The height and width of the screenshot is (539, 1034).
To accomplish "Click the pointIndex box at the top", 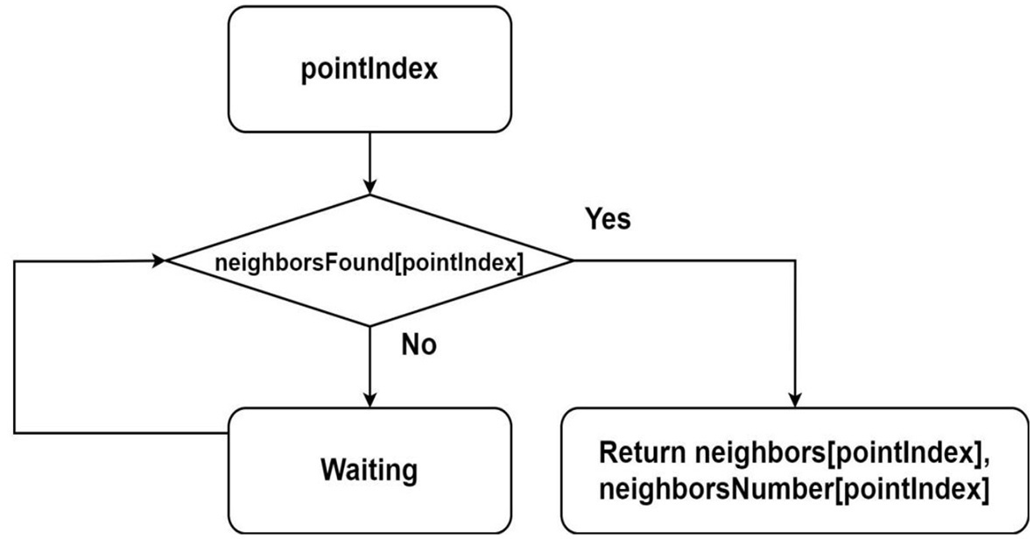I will [369, 69].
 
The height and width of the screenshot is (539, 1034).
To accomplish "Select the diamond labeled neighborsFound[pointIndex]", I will [369, 261].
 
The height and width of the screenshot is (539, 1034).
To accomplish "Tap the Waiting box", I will [369, 470].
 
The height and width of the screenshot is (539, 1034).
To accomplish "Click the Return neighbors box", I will [794, 470].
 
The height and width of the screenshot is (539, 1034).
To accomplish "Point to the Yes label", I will [608, 218].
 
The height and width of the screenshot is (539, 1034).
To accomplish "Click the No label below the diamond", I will [418, 345].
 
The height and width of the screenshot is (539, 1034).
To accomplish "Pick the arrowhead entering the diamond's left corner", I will [158, 260].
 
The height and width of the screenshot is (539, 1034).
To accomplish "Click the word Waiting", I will [369, 471].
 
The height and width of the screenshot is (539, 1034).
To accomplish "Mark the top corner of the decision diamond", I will [369, 195].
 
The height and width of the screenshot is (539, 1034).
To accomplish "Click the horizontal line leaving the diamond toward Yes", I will [683, 260].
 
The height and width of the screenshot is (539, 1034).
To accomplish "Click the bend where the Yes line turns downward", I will [794, 260].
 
